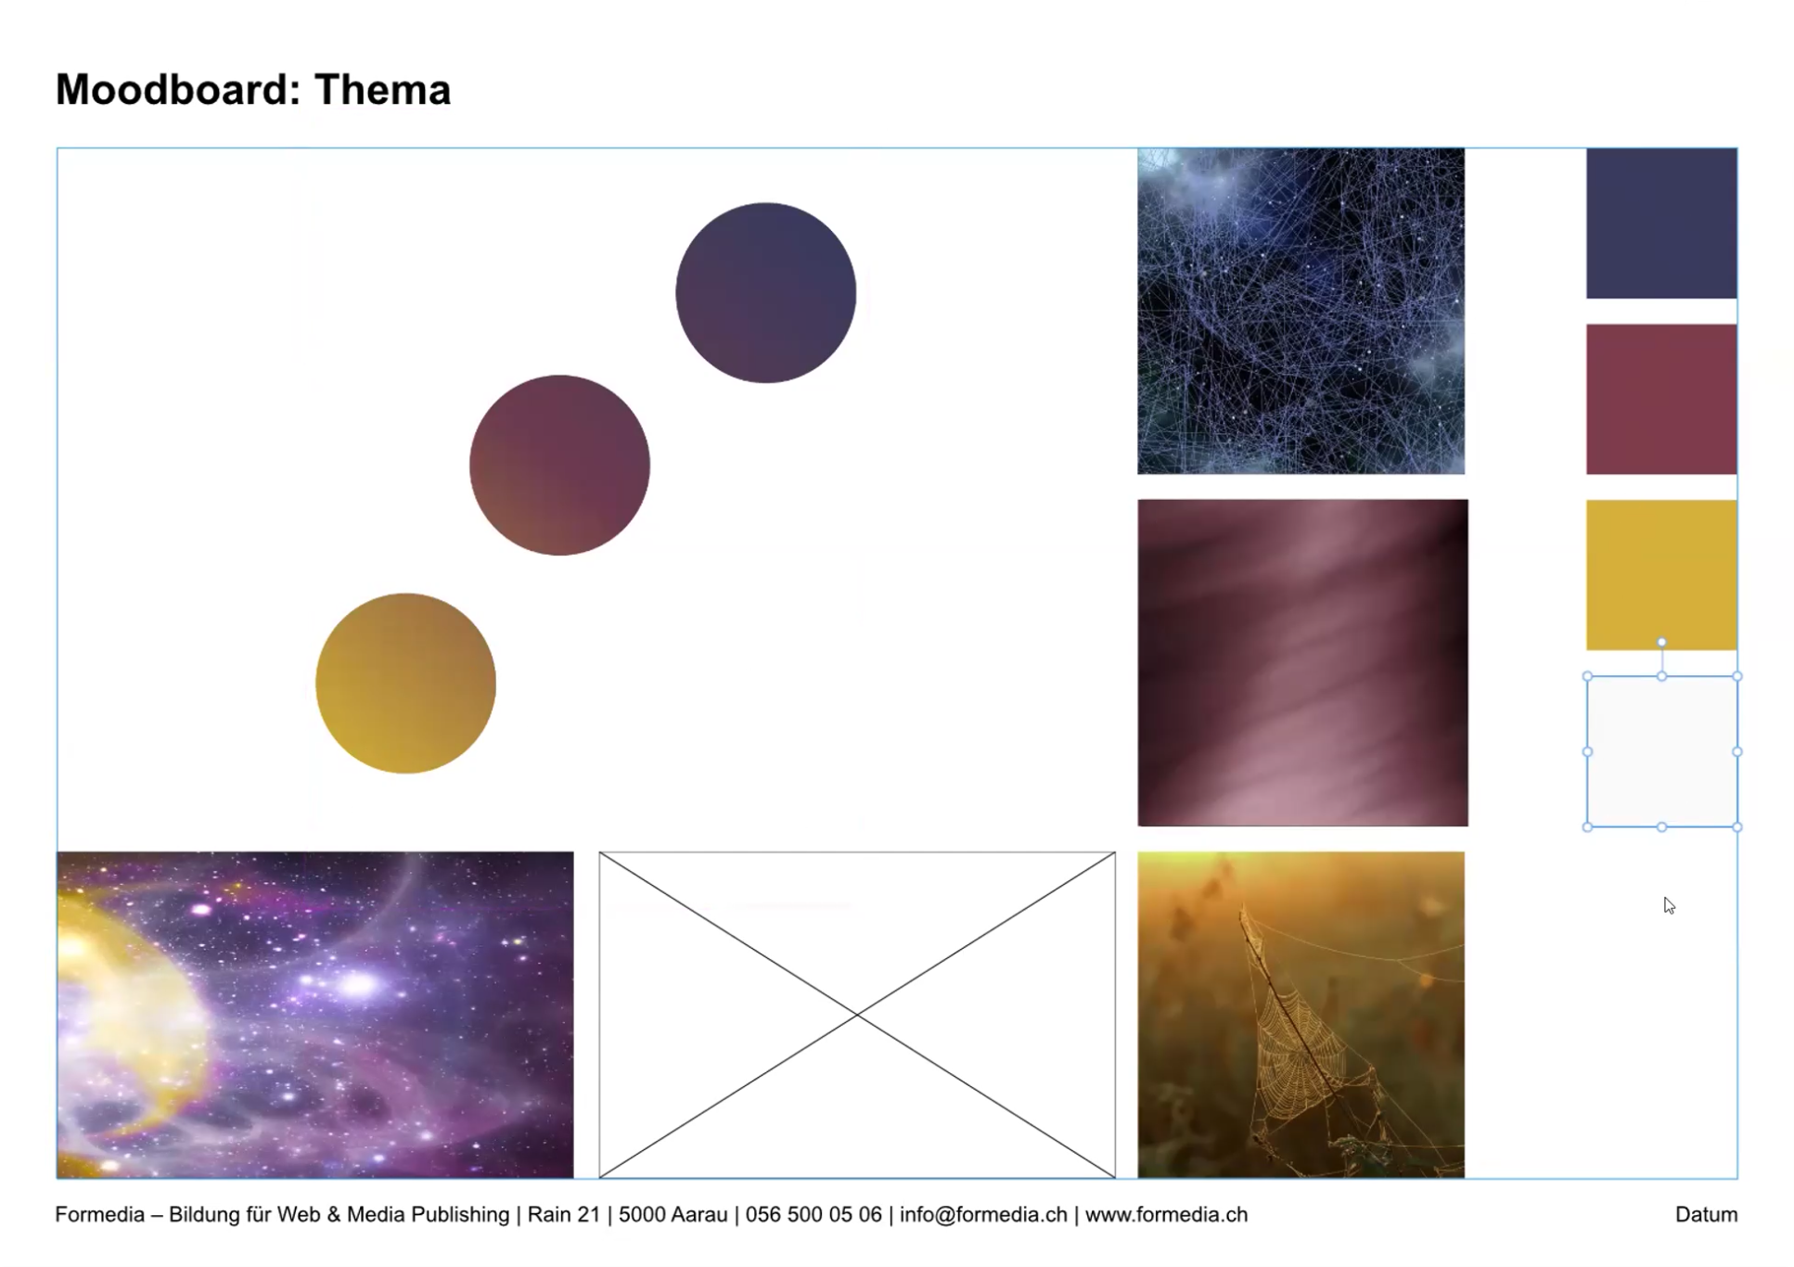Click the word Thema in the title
(x=382, y=90)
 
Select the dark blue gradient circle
(x=765, y=293)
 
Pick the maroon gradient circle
(x=559, y=466)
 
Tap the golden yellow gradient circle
(x=405, y=684)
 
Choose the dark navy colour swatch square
(x=1661, y=224)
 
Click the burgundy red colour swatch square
(x=1661, y=399)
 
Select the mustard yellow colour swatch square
(x=1661, y=575)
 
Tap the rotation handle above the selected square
(x=1661, y=642)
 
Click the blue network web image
(x=1301, y=311)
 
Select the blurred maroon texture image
(x=1303, y=662)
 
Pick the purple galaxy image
(x=315, y=1015)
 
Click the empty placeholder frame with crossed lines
(x=857, y=1015)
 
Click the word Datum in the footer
(x=1706, y=1214)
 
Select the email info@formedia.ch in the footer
(x=983, y=1214)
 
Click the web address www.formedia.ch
(x=1166, y=1214)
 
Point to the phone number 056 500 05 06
(x=814, y=1214)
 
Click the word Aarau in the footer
(x=698, y=1214)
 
